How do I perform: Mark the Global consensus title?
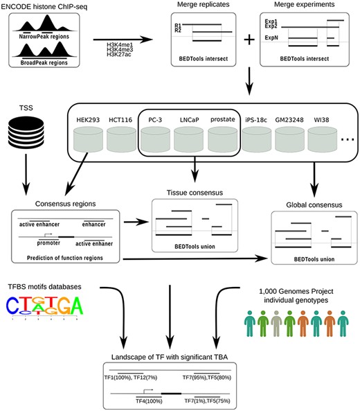[x=307, y=206]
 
